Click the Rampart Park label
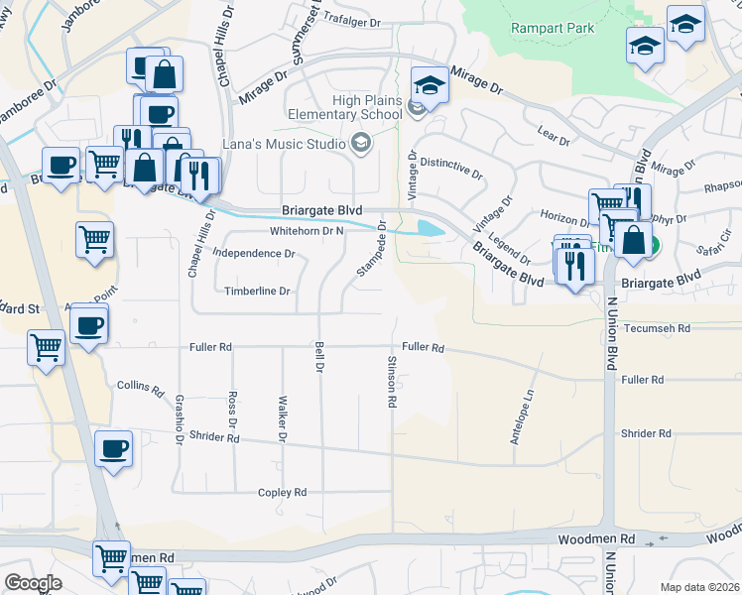553,28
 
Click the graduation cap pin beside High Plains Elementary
431,86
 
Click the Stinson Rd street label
393,382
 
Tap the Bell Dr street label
319,359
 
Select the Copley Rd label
283,493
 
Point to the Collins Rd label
140,387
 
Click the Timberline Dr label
256,292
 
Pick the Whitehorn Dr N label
307,231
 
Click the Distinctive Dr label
450,168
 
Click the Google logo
33,583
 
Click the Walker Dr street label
282,417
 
